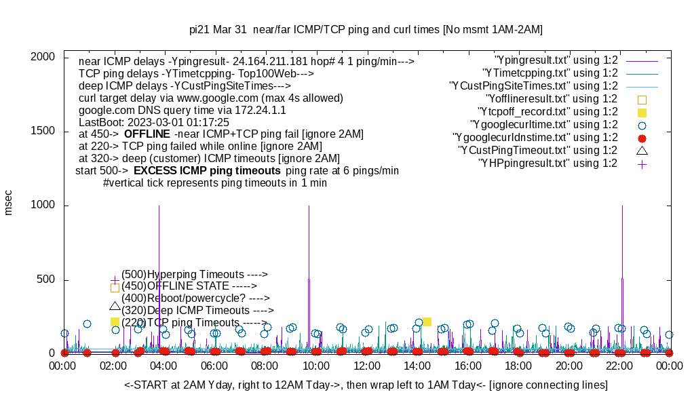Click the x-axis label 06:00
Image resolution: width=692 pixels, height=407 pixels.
point(214,365)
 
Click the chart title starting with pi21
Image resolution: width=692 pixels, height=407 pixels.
point(366,30)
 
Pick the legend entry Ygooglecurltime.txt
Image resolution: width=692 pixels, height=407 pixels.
point(543,124)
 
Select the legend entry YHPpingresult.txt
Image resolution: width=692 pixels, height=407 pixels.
point(547,163)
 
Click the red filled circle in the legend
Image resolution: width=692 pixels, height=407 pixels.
point(642,138)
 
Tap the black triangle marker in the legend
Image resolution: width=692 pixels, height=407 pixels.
point(642,150)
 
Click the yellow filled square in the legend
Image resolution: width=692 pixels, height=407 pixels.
point(642,112)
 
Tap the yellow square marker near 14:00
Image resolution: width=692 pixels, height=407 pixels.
point(427,322)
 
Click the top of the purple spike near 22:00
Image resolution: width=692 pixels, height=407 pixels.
point(622,206)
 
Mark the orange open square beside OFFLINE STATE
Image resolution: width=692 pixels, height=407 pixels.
point(115,288)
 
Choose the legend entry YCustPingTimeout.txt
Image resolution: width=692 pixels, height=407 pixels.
point(537,150)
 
